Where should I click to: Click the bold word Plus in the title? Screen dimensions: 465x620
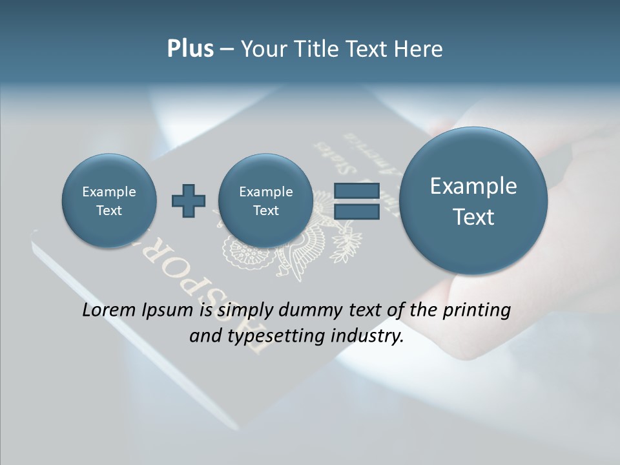pos(190,49)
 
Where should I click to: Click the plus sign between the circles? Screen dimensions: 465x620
pos(189,201)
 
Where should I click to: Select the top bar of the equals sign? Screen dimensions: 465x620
pos(356,191)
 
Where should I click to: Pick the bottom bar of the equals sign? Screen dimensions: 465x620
pos(356,211)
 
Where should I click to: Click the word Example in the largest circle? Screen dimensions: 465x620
pos(473,186)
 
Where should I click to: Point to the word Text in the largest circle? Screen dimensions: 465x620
pos(473,217)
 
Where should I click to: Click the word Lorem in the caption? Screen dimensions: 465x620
pos(110,310)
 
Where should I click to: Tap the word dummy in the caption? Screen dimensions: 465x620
pos(310,311)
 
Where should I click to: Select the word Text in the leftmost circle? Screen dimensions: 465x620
pos(109,211)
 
